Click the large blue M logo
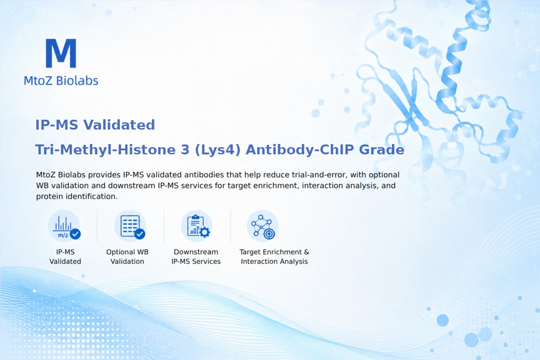click(61, 53)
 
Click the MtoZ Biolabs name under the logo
click(61, 81)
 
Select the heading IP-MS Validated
click(95, 125)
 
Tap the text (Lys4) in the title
click(217, 150)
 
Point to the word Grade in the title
click(382, 150)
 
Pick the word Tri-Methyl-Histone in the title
click(105, 150)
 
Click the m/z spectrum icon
click(64, 226)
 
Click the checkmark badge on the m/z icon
click(75, 234)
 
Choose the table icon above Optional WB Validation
click(130, 226)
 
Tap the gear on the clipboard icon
click(205, 232)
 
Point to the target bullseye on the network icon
click(269, 234)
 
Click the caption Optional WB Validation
click(127, 256)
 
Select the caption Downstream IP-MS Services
click(196, 256)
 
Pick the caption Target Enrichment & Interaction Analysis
click(274, 256)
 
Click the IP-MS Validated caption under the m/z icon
click(65, 256)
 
